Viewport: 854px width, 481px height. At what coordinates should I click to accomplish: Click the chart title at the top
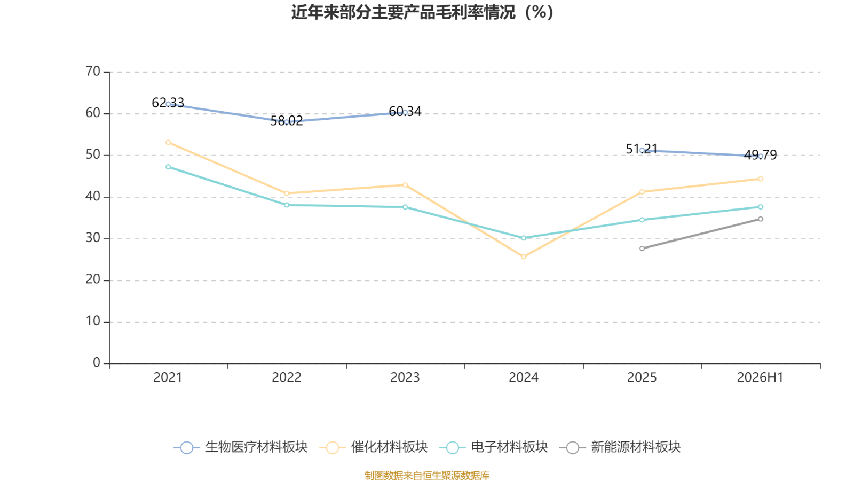coord(422,12)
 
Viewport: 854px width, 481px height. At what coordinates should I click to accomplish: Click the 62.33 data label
coord(168,103)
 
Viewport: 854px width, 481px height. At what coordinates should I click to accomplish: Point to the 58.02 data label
coord(287,121)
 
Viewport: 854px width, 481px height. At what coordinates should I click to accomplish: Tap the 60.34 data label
coord(405,111)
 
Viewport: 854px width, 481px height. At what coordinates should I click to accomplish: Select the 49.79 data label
coord(760,154)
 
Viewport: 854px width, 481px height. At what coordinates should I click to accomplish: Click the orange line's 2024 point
coord(524,257)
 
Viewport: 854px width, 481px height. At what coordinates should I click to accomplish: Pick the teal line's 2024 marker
coord(524,238)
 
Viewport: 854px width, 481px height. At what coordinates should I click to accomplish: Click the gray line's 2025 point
coord(642,249)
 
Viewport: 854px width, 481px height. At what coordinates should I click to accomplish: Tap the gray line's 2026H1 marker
coord(761,219)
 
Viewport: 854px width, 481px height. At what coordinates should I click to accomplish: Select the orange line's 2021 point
coord(168,142)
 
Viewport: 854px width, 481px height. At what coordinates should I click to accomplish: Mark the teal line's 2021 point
coord(168,167)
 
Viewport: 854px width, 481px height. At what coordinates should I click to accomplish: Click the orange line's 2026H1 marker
coord(761,179)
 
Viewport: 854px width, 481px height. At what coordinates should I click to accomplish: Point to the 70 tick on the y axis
coord(93,72)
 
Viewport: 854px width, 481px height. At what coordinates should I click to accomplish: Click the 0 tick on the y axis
coord(97,363)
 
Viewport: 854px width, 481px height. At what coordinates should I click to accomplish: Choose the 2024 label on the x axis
coord(524,377)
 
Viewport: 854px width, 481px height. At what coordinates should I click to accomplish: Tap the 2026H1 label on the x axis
coord(760,377)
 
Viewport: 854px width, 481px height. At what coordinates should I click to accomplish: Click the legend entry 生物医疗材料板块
coord(241,447)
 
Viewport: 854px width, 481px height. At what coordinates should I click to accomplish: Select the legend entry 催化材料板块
coord(373,447)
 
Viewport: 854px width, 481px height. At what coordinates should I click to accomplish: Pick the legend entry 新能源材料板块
coord(620,447)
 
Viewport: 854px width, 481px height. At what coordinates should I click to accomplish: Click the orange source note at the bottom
coord(427,475)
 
